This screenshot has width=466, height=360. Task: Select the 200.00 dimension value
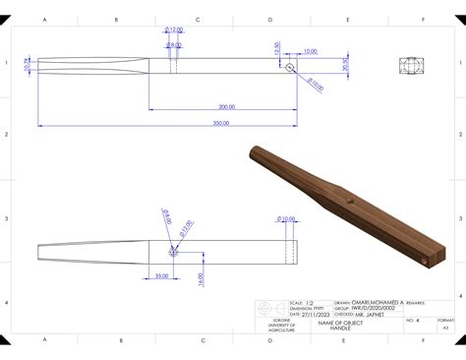[227, 106]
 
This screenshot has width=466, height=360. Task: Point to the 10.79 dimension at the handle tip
[28, 64]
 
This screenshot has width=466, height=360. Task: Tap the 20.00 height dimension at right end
[346, 64]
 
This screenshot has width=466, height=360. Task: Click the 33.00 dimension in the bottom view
[161, 276]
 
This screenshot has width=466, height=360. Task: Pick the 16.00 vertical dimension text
[200, 278]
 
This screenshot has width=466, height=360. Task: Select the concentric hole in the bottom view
[174, 251]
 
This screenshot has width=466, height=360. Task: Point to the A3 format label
[444, 327]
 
